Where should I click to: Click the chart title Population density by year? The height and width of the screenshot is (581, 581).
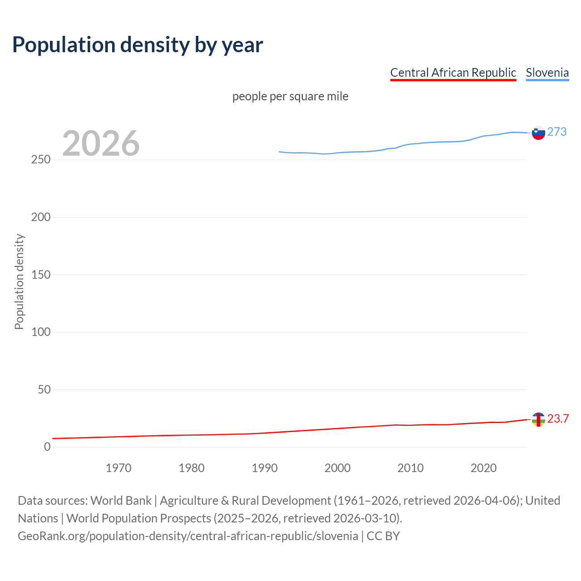click(x=138, y=44)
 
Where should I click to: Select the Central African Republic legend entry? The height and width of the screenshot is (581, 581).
click(x=453, y=73)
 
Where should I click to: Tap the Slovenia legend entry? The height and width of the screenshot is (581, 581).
click(x=547, y=73)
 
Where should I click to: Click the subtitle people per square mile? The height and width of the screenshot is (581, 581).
click(x=290, y=96)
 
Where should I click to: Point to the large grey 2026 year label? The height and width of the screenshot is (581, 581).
click(x=101, y=143)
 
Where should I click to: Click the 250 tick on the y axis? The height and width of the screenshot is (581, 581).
click(x=40, y=160)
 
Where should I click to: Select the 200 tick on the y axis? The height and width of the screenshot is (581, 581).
click(x=40, y=217)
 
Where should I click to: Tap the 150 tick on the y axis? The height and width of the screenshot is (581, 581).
click(x=40, y=275)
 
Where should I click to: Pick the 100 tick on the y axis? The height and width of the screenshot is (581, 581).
click(x=40, y=332)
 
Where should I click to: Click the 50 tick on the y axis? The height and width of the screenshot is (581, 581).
click(x=44, y=389)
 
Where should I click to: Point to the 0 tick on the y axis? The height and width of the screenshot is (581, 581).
click(x=47, y=447)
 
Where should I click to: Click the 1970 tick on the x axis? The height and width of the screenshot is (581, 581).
click(x=118, y=468)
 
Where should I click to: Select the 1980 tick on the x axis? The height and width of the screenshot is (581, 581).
click(x=192, y=468)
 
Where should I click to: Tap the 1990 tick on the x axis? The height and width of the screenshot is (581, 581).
click(x=265, y=468)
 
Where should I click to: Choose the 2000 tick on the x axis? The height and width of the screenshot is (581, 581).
click(x=337, y=468)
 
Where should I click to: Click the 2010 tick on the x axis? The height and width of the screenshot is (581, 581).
click(x=410, y=468)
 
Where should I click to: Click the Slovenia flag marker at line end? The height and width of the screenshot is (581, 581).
click(x=538, y=133)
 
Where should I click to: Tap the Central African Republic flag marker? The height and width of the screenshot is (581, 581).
click(x=538, y=419)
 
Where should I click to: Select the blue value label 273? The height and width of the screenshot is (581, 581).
click(x=557, y=132)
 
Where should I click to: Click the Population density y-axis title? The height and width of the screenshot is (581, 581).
click(x=19, y=281)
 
